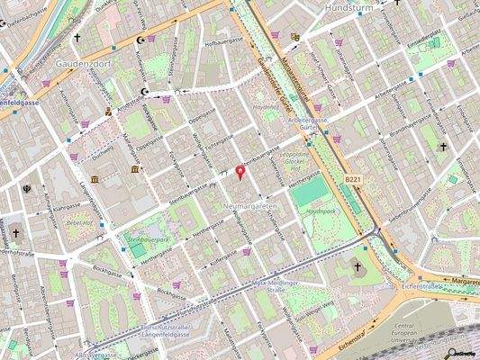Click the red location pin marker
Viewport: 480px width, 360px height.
(240, 171)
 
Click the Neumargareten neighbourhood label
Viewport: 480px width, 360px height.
(249, 207)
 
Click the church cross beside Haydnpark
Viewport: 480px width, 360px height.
(358, 266)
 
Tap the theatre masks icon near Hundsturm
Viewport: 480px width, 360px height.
(295, 37)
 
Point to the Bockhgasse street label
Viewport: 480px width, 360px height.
(107, 270)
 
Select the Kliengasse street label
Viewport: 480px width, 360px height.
(65, 207)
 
